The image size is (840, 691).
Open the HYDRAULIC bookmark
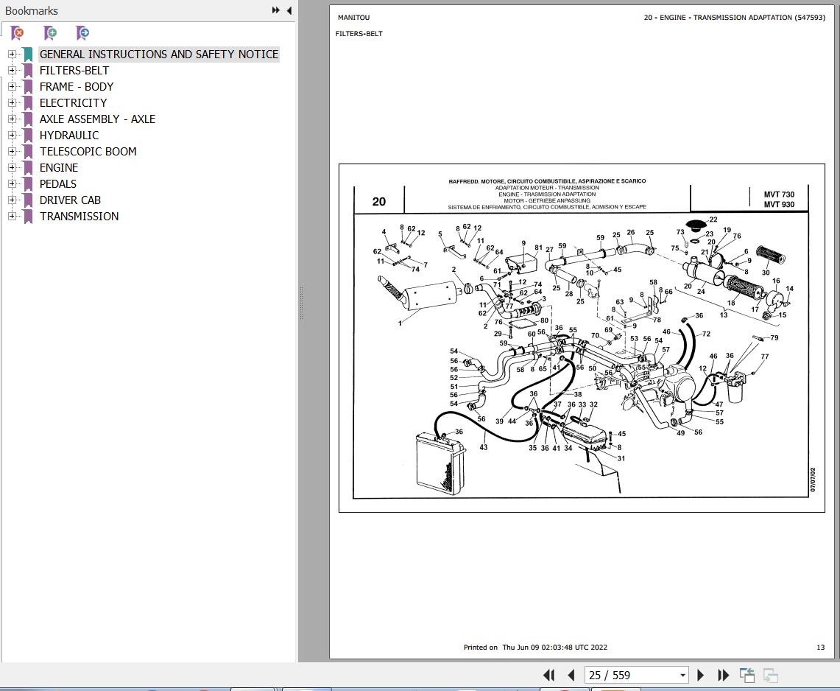point(69,135)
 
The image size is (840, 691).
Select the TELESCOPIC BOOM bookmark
point(88,152)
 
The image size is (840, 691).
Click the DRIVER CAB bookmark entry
point(70,200)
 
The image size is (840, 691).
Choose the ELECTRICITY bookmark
point(74,103)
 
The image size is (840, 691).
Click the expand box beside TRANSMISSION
point(12,216)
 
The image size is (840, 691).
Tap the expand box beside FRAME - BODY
point(12,86)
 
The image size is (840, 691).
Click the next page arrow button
point(700,676)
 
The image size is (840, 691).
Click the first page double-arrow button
point(549,676)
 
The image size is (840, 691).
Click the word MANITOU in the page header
point(353,18)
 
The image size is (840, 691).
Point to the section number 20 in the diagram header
point(378,202)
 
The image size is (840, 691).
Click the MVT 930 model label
point(779,204)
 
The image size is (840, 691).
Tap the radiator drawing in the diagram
point(440,464)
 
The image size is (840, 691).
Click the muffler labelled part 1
point(428,295)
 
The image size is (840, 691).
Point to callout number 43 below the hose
point(484,447)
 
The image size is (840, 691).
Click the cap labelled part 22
point(696,225)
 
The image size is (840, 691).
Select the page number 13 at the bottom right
point(820,648)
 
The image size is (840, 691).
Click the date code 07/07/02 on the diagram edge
point(813,480)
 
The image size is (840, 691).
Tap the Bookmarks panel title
point(32,11)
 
